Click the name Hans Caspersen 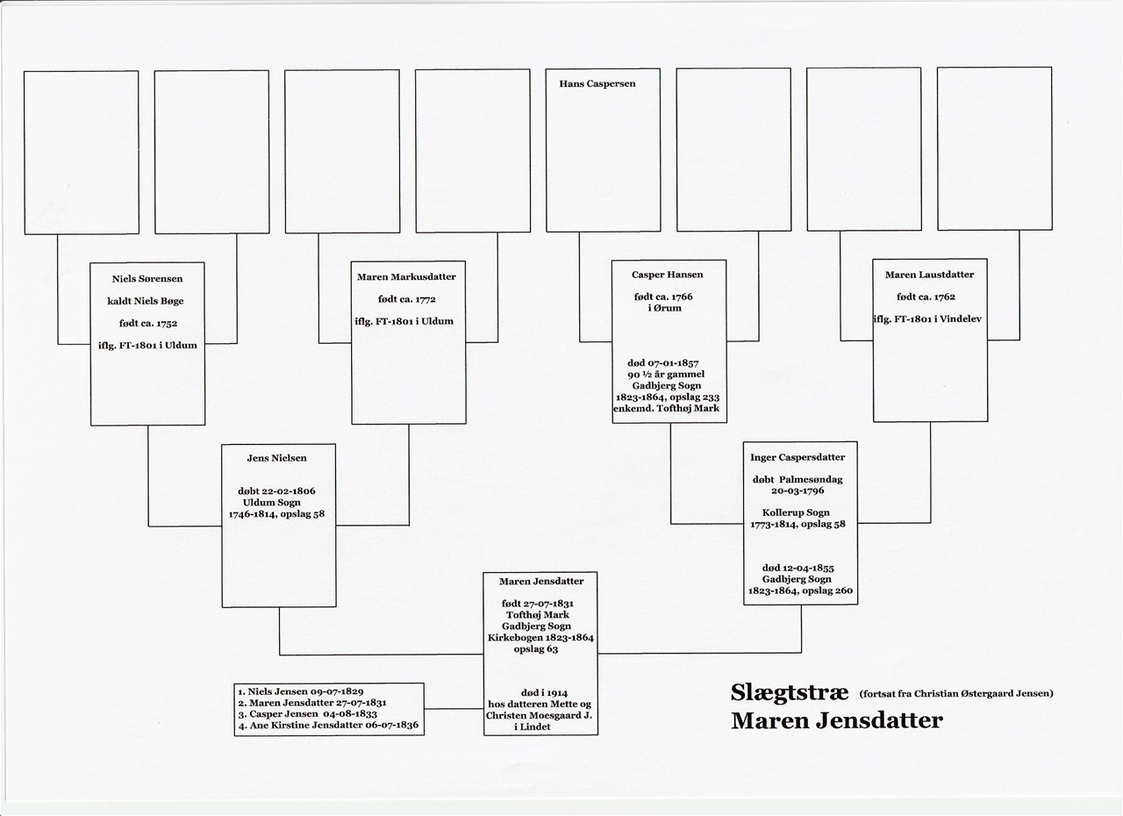tap(597, 83)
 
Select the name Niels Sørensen tap(147, 279)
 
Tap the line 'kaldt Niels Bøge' tap(146, 301)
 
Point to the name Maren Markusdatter tap(406, 276)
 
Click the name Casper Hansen tap(668, 275)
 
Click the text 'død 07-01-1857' tap(662, 363)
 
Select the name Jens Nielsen tap(276, 458)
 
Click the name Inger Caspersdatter tap(798, 457)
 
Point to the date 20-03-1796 tap(798, 490)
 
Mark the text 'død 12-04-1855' tap(798, 568)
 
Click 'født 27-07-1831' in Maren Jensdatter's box tap(538, 604)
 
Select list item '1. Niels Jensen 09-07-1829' tap(301, 691)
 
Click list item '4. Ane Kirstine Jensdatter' tap(328, 726)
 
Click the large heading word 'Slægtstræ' tap(789, 692)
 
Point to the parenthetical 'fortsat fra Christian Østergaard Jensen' tap(956, 694)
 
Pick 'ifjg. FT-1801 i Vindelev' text tap(927, 319)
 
